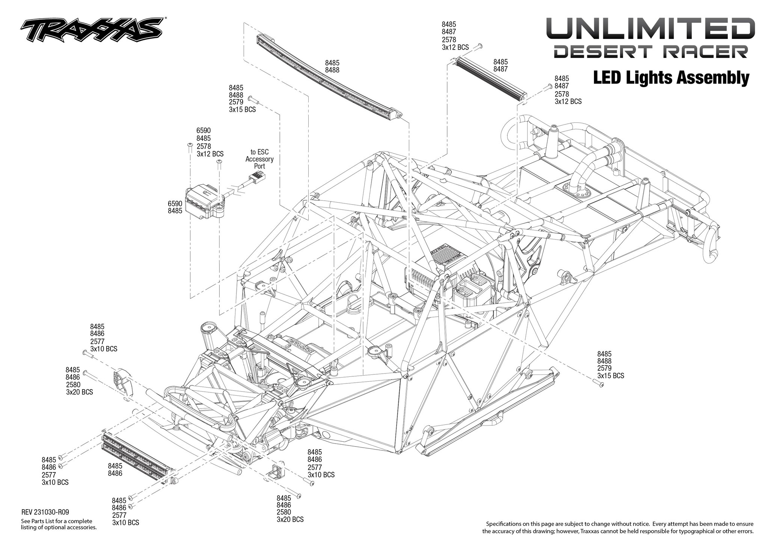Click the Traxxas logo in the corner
pyautogui.click(x=92, y=30)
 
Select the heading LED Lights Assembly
pyautogui.click(x=671, y=78)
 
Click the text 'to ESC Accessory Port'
pyautogui.click(x=259, y=159)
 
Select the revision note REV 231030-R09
pyautogui.click(x=45, y=512)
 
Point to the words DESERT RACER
pyautogui.click(x=651, y=52)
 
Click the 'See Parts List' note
pyautogui.click(x=59, y=524)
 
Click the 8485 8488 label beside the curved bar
pyautogui.click(x=332, y=66)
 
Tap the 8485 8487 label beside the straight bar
pyautogui.click(x=501, y=65)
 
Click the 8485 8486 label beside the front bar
pyautogui.click(x=115, y=469)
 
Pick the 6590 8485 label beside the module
pyautogui.click(x=175, y=207)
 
